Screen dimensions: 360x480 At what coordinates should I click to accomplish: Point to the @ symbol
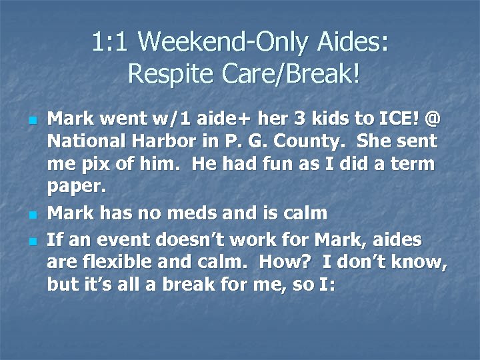pyautogui.click(x=432, y=119)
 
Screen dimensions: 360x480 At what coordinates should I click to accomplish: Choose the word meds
pyautogui.click(x=201, y=213)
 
